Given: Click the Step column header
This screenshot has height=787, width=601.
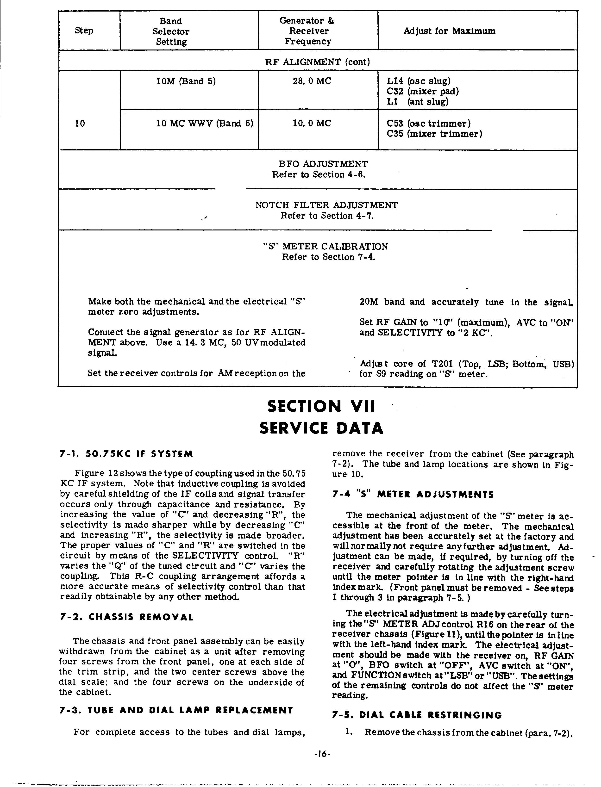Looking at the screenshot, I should pyautogui.click(x=84, y=31).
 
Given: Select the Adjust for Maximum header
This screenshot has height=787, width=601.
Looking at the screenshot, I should pyautogui.click(x=449, y=31).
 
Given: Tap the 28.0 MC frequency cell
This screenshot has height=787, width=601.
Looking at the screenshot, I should pyautogui.click(x=312, y=81).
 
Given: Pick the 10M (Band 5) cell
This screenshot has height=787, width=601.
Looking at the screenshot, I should pyautogui.click(x=186, y=81).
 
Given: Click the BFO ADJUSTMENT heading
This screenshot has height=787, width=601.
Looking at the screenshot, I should pyautogui.click(x=323, y=164).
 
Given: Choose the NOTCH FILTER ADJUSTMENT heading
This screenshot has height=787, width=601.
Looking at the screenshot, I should pyautogui.click(x=326, y=205).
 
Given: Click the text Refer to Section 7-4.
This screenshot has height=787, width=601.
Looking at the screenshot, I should pyautogui.click(x=328, y=257).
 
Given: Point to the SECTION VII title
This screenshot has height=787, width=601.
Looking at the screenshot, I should pyautogui.click(x=321, y=406).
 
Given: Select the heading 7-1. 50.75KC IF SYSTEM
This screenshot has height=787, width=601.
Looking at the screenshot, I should pyautogui.click(x=126, y=454).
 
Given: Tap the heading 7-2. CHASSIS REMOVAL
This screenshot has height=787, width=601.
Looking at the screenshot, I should pyautogui.click(x=126, y=617).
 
